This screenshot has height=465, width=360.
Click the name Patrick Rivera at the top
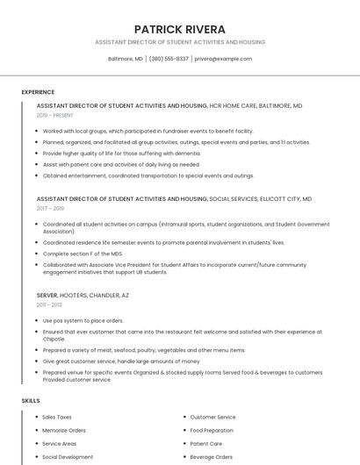click(x=179, y=29)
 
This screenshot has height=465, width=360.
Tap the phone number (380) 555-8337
click(x=169, y=59)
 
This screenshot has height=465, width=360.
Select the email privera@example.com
click(x=223, y=59)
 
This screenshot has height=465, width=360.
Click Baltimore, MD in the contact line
click(x=125, y=59)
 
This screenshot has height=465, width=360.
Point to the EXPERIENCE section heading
click(x=38, y=91)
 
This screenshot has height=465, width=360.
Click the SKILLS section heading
click(x=31, y=400)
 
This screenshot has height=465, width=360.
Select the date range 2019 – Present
click(x=55, y=115)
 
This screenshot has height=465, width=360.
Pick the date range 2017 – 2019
click(x=50, y=209)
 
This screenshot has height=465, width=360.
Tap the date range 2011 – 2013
click(x=49, y=304)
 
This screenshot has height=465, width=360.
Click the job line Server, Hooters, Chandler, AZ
click(x=83, y=296)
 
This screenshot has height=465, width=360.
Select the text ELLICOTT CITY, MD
click(x=284, y=199)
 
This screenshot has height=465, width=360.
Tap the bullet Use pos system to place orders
click(x=83, y=320)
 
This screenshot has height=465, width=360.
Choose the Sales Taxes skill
click(x=57, y=417)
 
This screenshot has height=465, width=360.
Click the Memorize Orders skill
click(x=64, y=430)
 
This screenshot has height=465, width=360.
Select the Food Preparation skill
click(x=212, y=430)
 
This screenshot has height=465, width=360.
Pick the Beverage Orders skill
click(x=212, y=456)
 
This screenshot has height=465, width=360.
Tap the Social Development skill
click(x=68, y=456)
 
